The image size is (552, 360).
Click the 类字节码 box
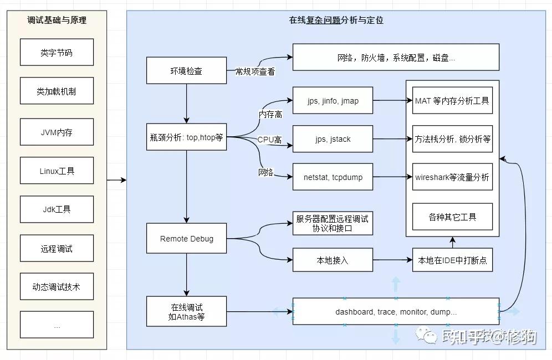click(x=57, y=53)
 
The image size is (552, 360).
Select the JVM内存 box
click(x=57, y=132)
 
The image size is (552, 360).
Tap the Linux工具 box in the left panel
click(x=57, y=171)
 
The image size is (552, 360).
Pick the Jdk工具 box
click(x=57, y=209)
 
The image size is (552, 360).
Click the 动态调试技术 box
click(x=57, y=287)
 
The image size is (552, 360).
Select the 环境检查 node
click(x=186, y=71)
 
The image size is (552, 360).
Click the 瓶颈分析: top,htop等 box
click(x=186, y=137)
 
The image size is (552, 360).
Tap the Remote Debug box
click(x=186, y=239)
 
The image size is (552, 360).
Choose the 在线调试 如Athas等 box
click(x=186, y=312)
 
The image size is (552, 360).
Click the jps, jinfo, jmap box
click(x=333, y=101)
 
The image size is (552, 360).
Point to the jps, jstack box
click(x=333, y=139)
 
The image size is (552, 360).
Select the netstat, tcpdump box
click(x=333, y=177)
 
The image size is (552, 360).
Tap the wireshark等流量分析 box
click(x=452, y=177)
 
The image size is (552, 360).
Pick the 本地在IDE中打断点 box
click(x=452, y=260)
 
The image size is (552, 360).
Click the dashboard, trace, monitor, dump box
click(x=396, y=312)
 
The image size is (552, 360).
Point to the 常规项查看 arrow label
click(x=255, y=71)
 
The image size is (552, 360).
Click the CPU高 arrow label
click(x=269, y=140)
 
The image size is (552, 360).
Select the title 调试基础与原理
click(x=57, y=20)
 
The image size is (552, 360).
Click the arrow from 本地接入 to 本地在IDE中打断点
click(x=392, y=260)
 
